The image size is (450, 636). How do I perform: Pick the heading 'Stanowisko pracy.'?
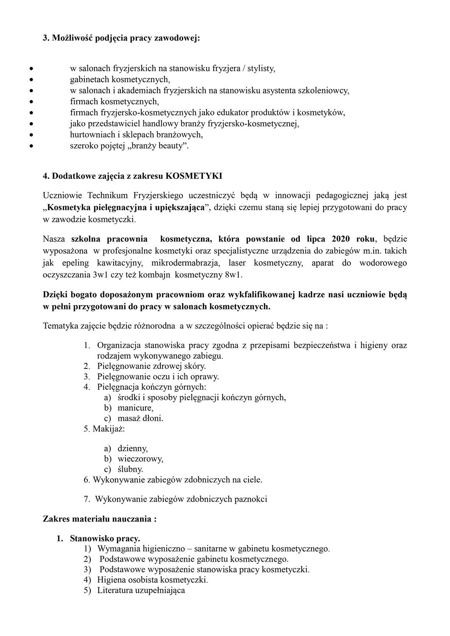105,538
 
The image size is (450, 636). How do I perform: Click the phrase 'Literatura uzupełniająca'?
141,590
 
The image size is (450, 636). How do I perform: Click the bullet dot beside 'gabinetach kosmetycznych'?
31,79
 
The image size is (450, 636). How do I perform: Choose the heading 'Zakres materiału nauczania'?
100,519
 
